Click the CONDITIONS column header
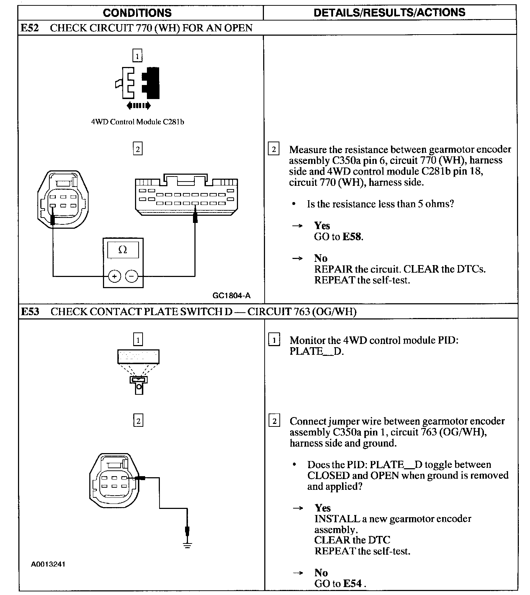click(x=137, y=13)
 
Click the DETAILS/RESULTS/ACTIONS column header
click(x=389, y=13)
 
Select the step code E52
click(x=30, y=28)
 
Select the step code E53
click(x=30, y=312)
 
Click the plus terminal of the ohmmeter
click(x=114, y=277)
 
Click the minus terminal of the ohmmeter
click(x=131, y=277)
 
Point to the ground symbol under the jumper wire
click(x=187, y=545)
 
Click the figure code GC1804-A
click(x=232, y=296)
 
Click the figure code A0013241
click(x=48, y=564)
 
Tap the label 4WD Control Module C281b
click(x=138, y=122)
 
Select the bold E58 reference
click(x=352, y=237)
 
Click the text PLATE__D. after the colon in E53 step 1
click(x=316, y=352)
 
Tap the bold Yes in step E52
click(x=322, y=225)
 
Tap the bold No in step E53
click(x=321, y=573)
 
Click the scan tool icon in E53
click(x=138, y=371)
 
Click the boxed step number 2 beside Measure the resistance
click(x=274, y=149)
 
